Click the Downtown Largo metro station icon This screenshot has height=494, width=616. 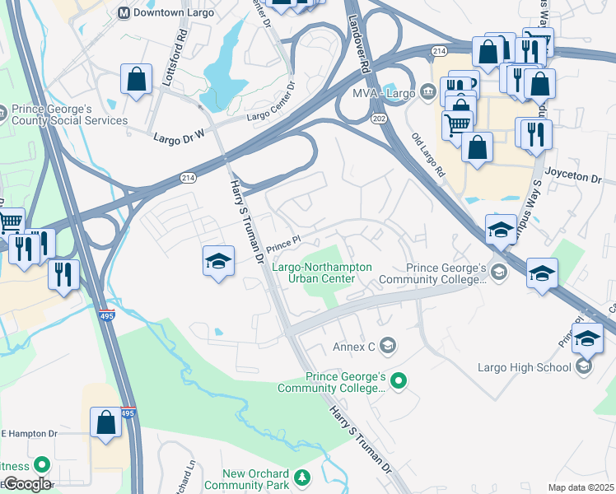click(124, 12)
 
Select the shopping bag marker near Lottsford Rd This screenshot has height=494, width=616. click(137, 80)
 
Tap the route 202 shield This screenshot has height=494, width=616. click(380, 119)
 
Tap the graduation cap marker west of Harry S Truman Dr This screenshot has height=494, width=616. click(218, 262)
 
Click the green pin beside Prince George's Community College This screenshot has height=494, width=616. click(399, 380)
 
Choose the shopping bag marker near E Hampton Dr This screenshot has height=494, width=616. click(106, 422)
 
